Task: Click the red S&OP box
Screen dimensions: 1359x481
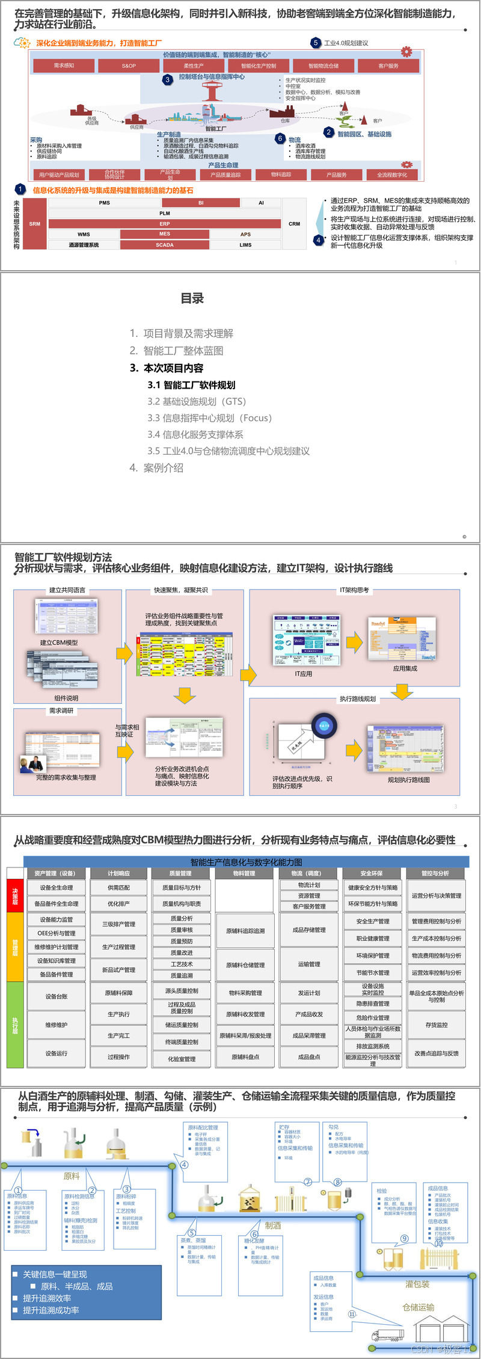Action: (x=129, y=66)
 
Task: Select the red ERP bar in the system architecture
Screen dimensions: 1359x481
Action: (x=165, y=224)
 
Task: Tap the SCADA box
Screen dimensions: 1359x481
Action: (x=165, y=245)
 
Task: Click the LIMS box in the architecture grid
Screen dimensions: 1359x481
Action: (x=245, y=245)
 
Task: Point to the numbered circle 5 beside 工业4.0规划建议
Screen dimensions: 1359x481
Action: (x=316, y=43)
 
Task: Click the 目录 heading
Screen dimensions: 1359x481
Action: (x=192, y=298)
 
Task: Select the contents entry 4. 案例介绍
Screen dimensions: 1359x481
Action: (x=156, y=467)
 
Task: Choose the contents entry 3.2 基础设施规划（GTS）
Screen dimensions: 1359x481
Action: (x=197, y=401)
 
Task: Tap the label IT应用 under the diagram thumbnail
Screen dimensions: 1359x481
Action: (x=303, y=674)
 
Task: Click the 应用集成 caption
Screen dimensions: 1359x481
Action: (x=405, y=668)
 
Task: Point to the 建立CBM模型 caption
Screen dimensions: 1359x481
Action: (x=59, y=643)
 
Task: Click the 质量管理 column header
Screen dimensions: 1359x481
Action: (x=180, y=873)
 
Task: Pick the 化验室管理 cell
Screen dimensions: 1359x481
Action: (x=181, y=1059)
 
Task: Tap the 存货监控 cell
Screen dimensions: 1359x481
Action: (x=437, y=1025)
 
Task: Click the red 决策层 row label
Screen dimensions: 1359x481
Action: (x=15, y=895)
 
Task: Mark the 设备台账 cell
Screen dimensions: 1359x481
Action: (x=57, y=996)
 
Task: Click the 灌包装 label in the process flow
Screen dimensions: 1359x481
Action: (x=417, y=1284)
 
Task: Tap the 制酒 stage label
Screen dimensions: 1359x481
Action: (x=273, y=1225)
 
